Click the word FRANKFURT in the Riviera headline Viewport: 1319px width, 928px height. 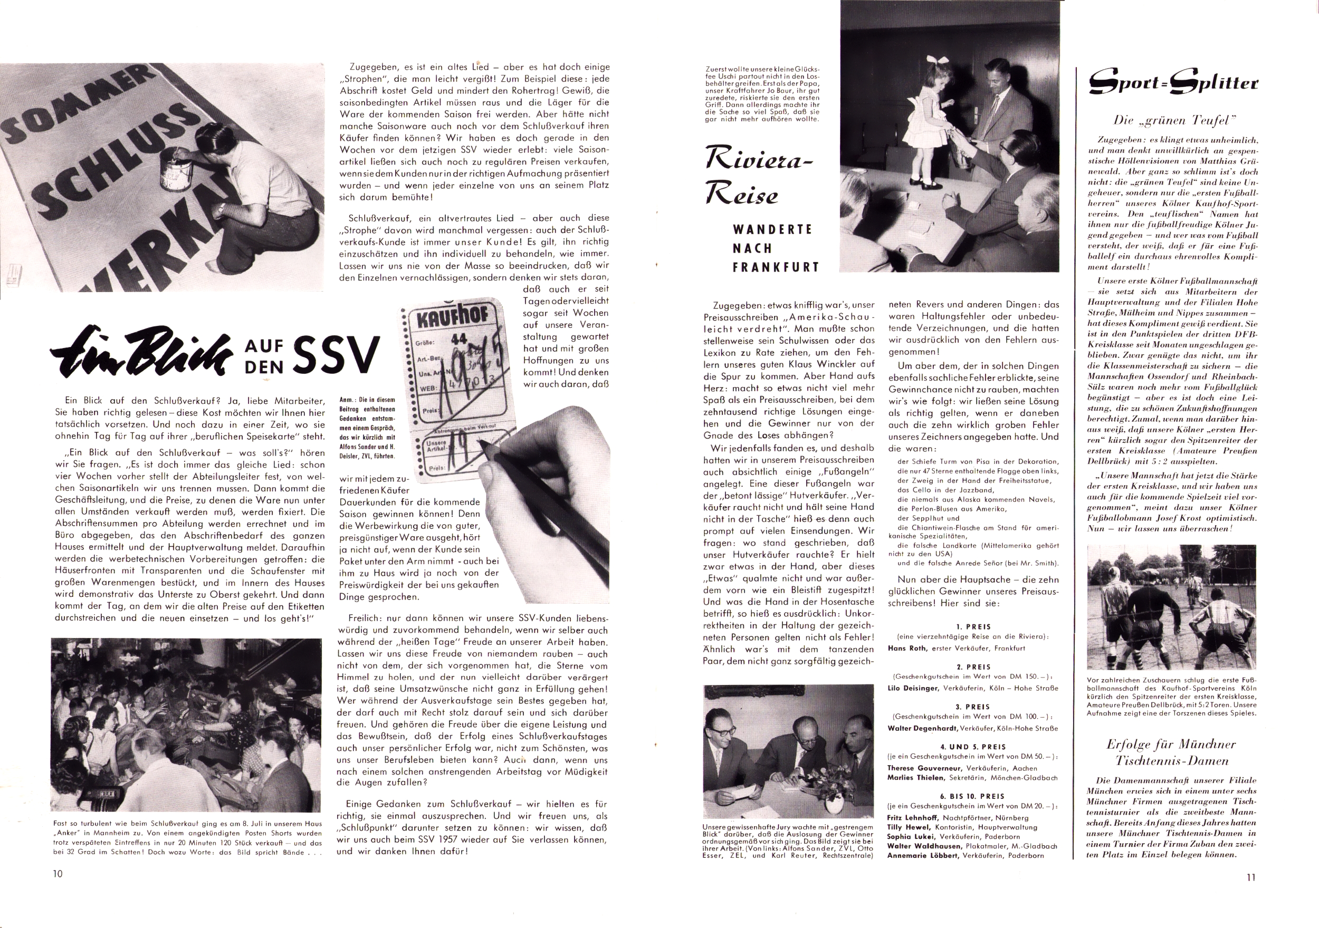coord(776,267)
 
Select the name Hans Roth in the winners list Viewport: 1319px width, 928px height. coord(905,649)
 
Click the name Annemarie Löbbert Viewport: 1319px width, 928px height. coord(918,856)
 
